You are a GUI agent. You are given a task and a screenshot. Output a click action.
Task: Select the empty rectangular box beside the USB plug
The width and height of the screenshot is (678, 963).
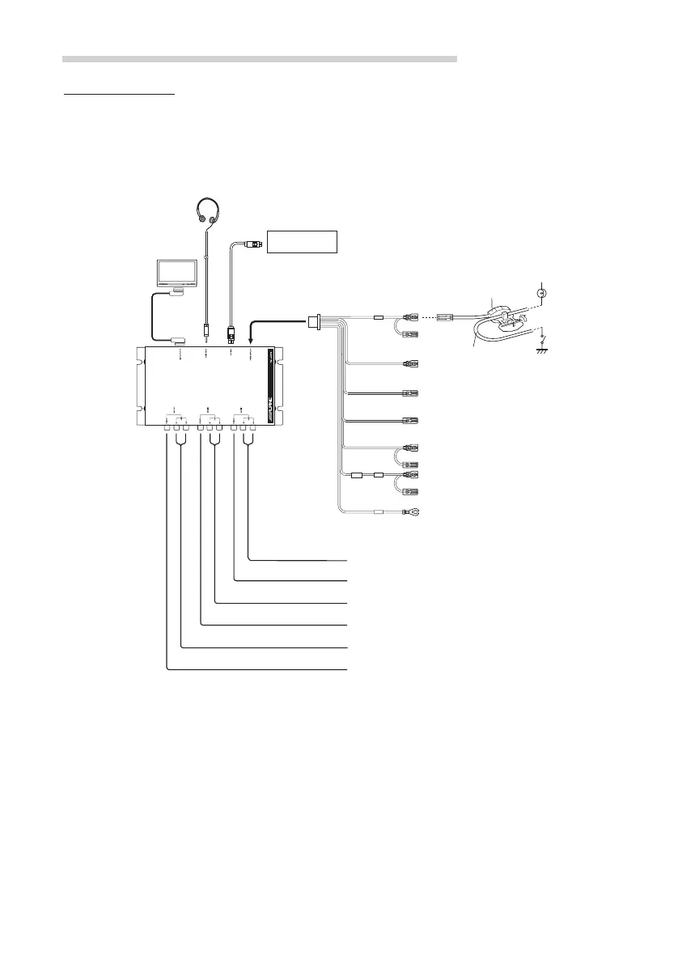pos(302,240)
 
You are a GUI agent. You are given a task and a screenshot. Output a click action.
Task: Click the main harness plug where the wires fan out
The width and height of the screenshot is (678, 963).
pos(312,322)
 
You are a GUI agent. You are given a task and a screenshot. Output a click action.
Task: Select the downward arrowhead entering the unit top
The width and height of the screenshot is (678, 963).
pos(250,341)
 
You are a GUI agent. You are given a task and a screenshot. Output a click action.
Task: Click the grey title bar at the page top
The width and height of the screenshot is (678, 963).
pos(260,59)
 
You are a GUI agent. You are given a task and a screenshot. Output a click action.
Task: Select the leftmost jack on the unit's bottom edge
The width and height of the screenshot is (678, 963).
pos(167,427)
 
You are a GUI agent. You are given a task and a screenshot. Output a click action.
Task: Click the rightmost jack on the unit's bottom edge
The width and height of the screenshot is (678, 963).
pos(254,427)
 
